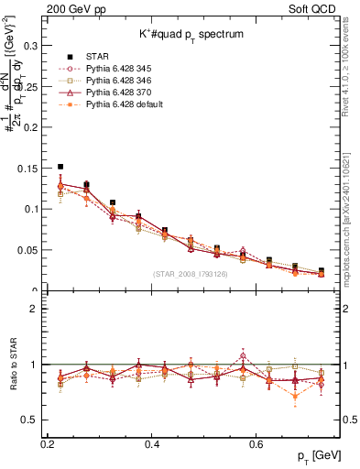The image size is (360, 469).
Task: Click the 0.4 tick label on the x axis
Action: [153, 444]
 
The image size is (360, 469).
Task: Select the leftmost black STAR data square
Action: [60, 167]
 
